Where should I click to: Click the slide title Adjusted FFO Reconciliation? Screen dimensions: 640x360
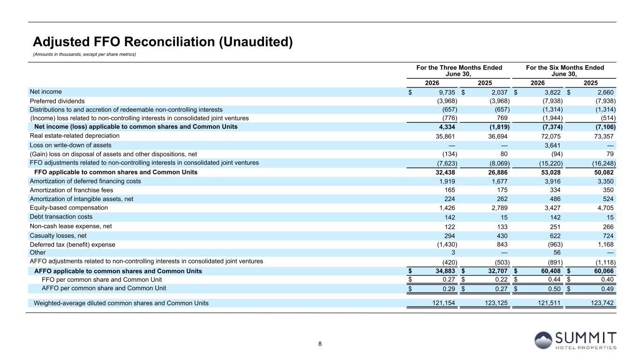click(x=163, y=42)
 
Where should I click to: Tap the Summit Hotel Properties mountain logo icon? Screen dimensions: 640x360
click(x=543, y=340)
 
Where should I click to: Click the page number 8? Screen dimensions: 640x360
click(x=320, y=344)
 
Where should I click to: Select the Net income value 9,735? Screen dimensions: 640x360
click(x=447, y=92)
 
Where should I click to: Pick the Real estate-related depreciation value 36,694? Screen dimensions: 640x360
click(x=498, y=136)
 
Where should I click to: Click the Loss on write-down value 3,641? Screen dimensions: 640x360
click(x=552, y=145)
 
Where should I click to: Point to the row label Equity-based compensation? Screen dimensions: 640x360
click(x=69, y=208)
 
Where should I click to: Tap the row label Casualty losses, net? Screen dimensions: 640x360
click(x=58, y=236)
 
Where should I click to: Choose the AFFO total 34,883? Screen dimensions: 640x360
click(x=445, y=271)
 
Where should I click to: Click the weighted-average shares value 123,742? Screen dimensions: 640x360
click(x=602, y=303)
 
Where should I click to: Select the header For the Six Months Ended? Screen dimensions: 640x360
click(x=565, y=67)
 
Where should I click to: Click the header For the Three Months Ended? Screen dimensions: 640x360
click(x=459, y=67)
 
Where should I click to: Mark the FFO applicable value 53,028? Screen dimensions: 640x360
click(x=550, y=172)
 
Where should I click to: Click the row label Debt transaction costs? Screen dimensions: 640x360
click(x=61, y=217)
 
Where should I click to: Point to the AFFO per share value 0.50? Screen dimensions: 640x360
click(x=554, y=289)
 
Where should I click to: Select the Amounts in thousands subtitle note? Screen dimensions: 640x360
click(x=84, y=54)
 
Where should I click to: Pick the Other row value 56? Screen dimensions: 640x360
click(x=557, y=253)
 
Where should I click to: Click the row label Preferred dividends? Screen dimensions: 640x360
click(x=57, y=101)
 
